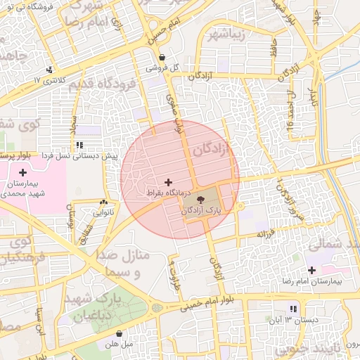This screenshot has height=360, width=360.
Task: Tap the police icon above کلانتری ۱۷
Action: tap(49, 70)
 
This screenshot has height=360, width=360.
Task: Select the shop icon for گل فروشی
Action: tap(162, 58)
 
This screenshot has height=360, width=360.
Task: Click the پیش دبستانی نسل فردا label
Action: tap(79, 155)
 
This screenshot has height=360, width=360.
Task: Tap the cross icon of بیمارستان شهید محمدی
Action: tap(23, 172)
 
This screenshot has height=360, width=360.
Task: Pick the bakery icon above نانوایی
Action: tap(104, 202)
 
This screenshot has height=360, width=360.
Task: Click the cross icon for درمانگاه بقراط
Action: tap(167, 182)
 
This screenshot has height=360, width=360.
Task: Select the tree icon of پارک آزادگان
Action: tap(202, 200)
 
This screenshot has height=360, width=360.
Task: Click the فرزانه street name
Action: tap(265, 233)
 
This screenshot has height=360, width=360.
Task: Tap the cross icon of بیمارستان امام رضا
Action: tap(311, 270)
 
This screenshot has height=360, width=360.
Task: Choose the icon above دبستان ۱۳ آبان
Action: tap(293, 309)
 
